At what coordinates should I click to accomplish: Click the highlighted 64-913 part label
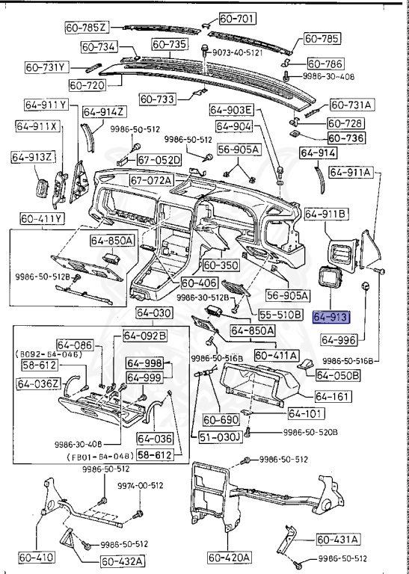point(331,317)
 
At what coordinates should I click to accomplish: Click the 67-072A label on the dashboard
point(150,180)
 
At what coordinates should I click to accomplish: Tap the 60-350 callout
point(221,265)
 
